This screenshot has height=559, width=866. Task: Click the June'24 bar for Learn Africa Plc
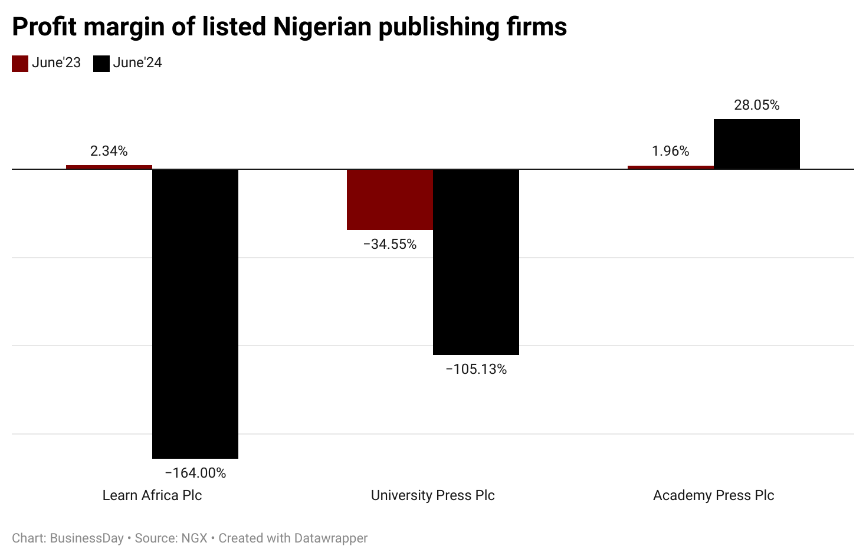pyautogui.click(x=195, y=313)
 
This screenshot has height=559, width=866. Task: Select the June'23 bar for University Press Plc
pyautogui.click(x=390, y=199)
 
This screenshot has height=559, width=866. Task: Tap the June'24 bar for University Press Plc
pyautogui.click(x=476, y=262)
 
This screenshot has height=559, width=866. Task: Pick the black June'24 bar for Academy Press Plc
pyautogui.click(x=757, y=144)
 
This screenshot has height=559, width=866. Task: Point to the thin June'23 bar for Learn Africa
pyautogui.click(x=109, y=167)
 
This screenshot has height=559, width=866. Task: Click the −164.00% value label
pyautogui.click(x=195, y=473)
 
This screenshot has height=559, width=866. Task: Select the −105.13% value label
pyautogui.click(x=476, y=369)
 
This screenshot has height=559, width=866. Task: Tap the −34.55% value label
pyautogui.click(x=390, y=244)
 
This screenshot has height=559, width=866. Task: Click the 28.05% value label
pyautogui.click(x=757, y=105)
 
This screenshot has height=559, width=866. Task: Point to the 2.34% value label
pyautogui.click(x=109, y=151)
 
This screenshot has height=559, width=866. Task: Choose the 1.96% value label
pyautogui.click(x=671, y=151)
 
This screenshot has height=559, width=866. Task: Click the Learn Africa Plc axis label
pyautogui.click(x=152, y=495)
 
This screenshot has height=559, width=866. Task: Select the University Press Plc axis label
pyautogui.click(x=433, y=495)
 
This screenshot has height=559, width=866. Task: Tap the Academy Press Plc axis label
pyautogui.click(x=714, y=495)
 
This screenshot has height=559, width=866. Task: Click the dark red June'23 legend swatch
pyautogui.click(x=20, y=64)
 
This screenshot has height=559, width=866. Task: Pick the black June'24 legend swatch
pyautogui.click(x=101, y=64)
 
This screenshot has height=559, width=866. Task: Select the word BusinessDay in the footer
pyautogui.click(x=87, y=538)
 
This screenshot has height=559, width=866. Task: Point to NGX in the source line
pyautogui.click(x=194, y=538)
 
